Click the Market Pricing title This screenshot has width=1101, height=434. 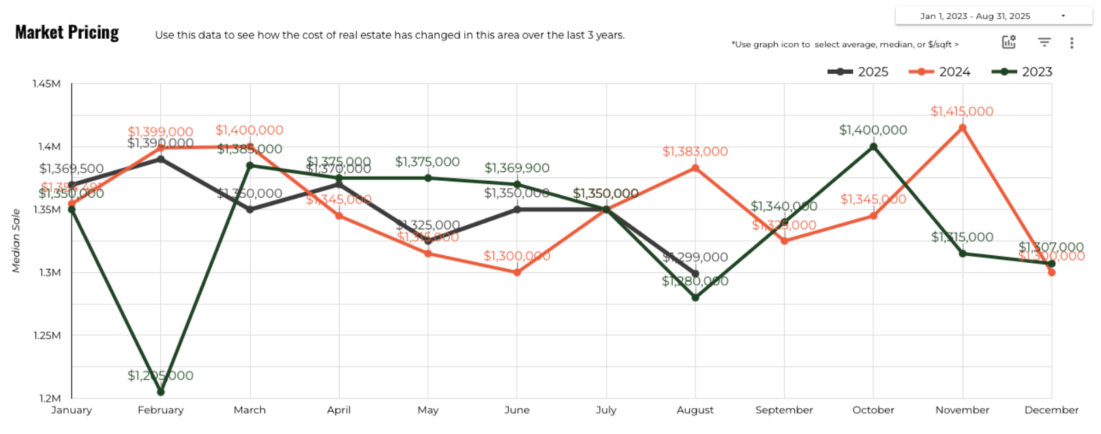67,33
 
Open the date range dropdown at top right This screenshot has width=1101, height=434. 993,16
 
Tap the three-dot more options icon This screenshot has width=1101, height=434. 1072,43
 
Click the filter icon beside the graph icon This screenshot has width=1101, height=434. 1044,42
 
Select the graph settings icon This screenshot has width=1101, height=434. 1009,42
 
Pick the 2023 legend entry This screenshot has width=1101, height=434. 1022,72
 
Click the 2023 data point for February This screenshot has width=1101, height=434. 161,392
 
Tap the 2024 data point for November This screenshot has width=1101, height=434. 963,128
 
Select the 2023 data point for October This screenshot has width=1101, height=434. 873,147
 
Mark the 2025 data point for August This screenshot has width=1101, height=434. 695,274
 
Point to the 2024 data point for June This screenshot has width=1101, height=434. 517,272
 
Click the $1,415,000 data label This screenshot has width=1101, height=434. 962,111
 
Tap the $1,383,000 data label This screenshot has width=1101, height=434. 695,151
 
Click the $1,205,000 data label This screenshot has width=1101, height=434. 160,376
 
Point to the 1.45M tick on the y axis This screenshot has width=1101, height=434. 46,84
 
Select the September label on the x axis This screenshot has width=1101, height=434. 784,410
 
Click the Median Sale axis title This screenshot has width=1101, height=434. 16,241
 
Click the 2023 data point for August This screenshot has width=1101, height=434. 695,298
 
